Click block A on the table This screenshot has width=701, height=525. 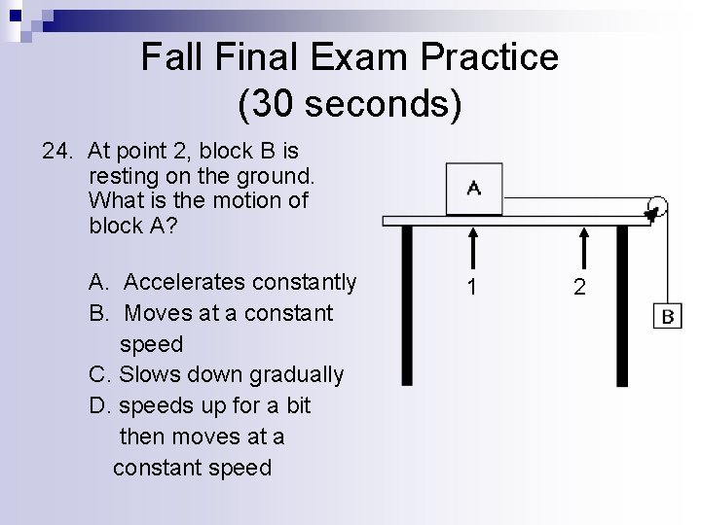point(473,189)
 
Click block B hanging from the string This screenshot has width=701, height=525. point(668,317)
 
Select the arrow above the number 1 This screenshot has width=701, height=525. point(472,248)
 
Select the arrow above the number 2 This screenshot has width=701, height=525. point(582,248)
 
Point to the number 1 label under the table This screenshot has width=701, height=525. point(472,288)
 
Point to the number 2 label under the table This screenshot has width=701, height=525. point(581,288)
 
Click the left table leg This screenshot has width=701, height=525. point(405,306)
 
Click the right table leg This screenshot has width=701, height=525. point(622,306)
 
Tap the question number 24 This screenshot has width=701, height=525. point(58,151)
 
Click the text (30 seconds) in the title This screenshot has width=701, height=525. point(350,102)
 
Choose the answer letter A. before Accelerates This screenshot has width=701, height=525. point(98,282)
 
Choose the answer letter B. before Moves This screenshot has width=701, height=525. point(98,313)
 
